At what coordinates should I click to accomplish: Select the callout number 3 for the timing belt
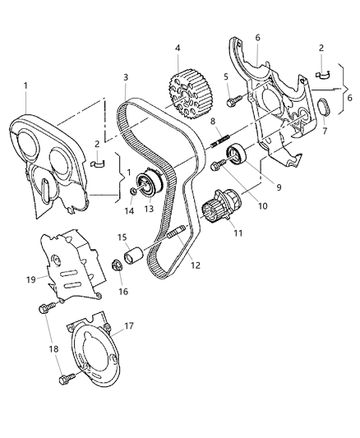(126, 78)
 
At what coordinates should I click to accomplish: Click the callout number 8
(212, 122)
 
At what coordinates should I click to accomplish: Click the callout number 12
(193, 265)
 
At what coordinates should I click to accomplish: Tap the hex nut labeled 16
(118, 265)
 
